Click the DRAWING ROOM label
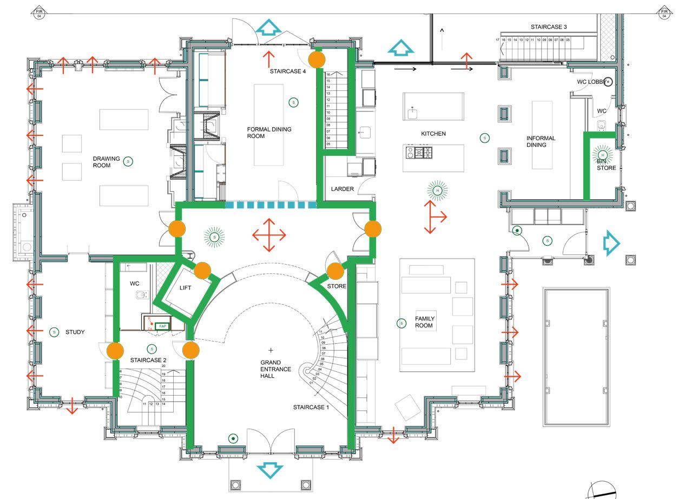click(x=106, y=162)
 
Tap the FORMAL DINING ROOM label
click(x=269, y=133)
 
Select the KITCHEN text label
click(x=433, y=134)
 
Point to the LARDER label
click(x=342, y=189)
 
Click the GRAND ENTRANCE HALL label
click(x=275, y=369)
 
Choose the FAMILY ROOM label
click(x=424, y=322)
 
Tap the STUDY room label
click(x=75, y=332)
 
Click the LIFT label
click(x=185, y=288)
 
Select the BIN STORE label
click(x=606, y=165)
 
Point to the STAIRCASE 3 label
click(x=549, y=27)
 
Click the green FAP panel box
click(x=162, y=326)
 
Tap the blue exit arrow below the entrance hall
click(x=269, y=470)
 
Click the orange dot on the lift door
click(x=202, y=271)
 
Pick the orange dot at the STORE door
click(x=335, y=271)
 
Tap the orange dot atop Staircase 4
click(x=317, y=58)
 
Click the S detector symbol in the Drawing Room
click(x=128, y=161)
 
